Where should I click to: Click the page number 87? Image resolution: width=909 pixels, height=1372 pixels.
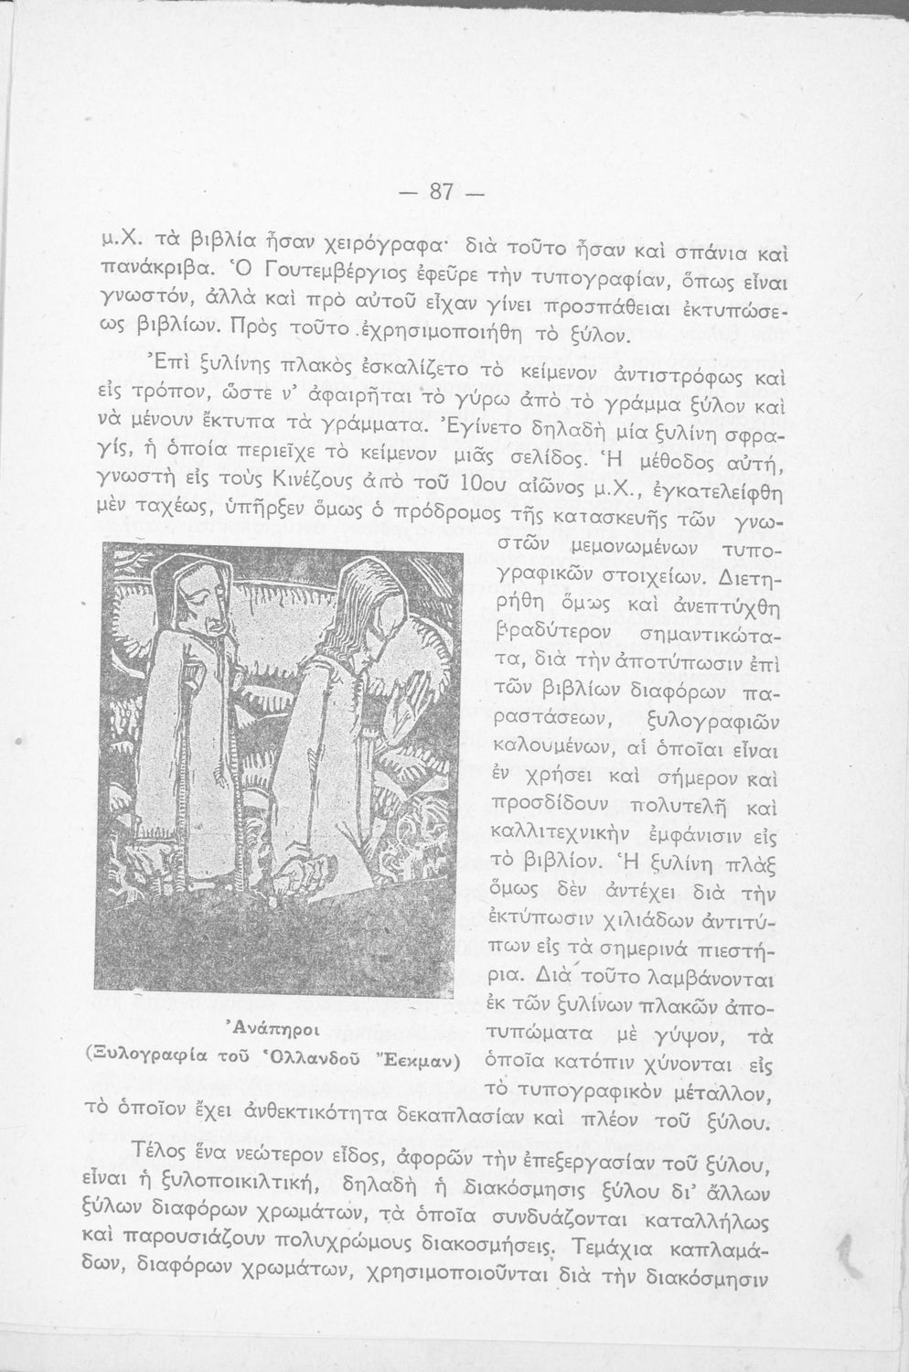tap(443, 192)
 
